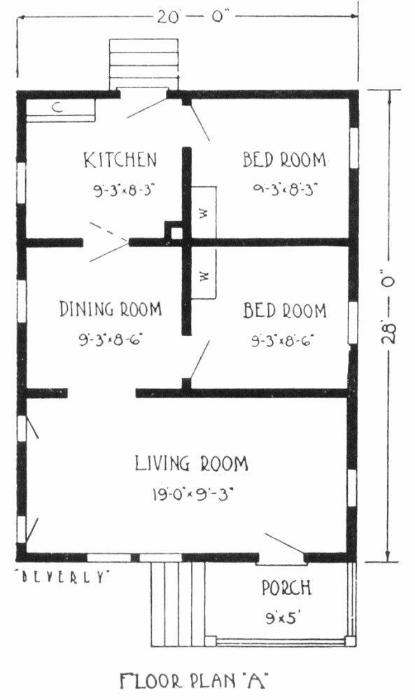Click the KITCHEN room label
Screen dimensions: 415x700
120,160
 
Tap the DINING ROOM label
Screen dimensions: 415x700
111,309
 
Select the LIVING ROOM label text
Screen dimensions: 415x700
192,463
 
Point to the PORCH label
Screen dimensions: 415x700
286,587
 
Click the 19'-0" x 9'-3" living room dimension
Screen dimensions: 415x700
192,494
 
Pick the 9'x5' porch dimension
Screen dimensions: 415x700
281,618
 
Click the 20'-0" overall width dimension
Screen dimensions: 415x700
192,17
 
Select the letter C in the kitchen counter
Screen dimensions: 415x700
57,107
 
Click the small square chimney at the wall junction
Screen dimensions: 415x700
176,233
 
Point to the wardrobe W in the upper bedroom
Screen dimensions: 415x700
204,213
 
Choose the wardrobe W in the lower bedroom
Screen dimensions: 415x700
204,275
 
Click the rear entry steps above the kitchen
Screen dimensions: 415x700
143,64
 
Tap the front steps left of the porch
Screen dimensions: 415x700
178,603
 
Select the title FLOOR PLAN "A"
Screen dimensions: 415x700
193,681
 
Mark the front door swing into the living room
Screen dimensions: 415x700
284,543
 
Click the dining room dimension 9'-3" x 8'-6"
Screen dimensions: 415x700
110,340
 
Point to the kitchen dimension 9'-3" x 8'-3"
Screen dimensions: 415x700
124,190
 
